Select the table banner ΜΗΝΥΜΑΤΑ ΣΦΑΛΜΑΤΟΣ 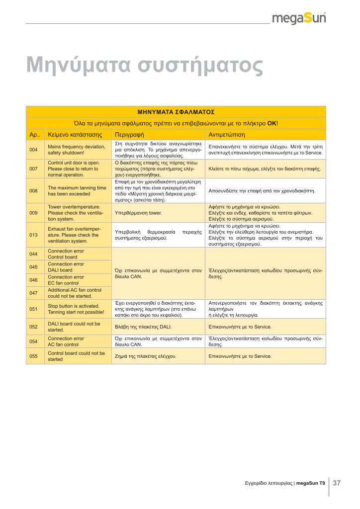point(176,112)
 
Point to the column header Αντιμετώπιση point(227,135)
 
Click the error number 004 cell point(34,150)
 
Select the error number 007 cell point(34,169)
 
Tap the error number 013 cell point(34,235)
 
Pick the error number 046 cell point(34,280)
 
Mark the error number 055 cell point(34,356)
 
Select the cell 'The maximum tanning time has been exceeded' point(77,191)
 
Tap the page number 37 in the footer point(337,483)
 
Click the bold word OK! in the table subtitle point(272,123)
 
